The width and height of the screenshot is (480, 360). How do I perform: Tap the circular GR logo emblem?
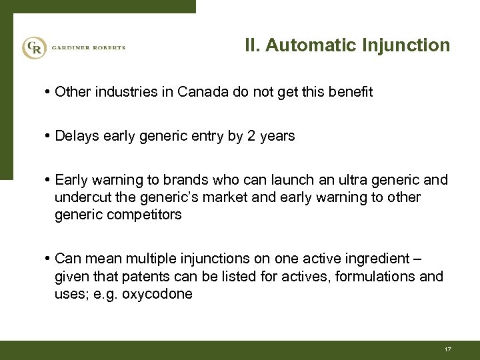tap(33, 47)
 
